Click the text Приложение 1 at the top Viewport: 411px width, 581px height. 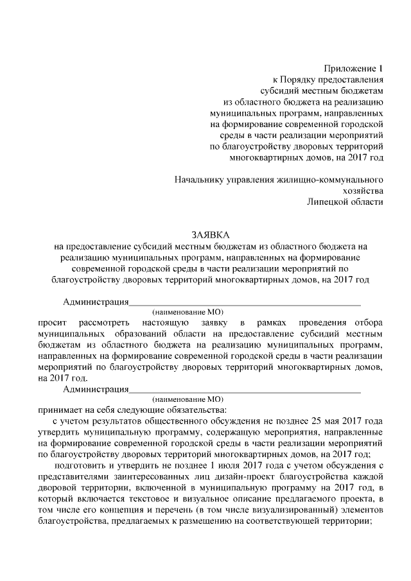tap(354, 67)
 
